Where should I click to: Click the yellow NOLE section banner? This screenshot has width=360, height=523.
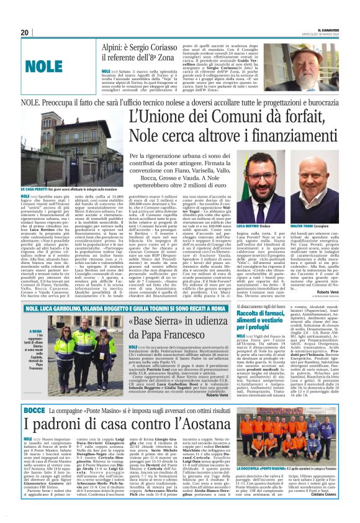click(x=45, y=64)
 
